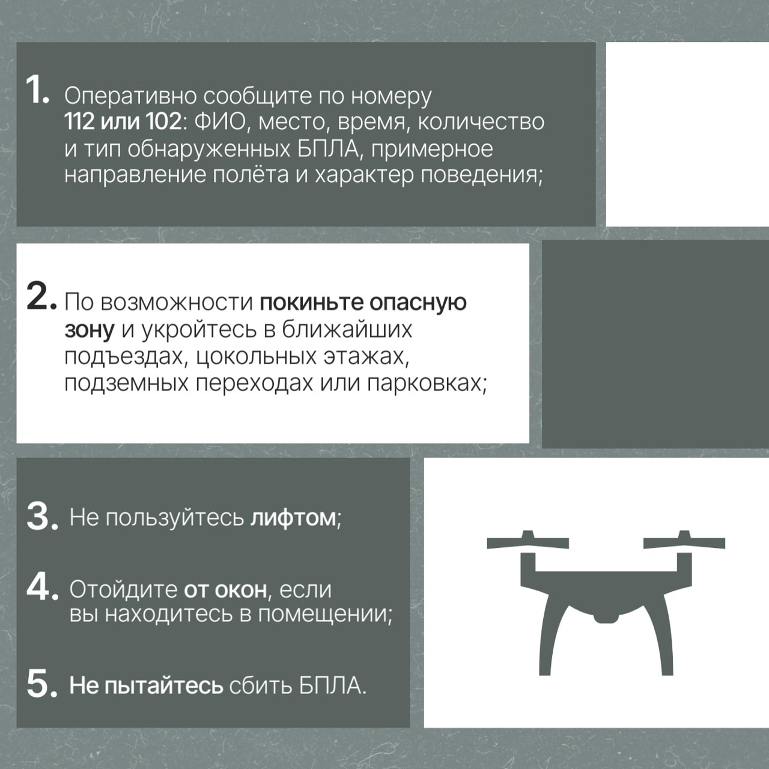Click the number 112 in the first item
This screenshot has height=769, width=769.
[x=79, y=122]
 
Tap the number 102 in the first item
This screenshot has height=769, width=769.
[x=163, y=122]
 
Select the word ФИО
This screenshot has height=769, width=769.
[x=220, y=122]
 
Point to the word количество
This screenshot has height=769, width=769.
[x=481, y=122]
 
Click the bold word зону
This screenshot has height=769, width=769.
[x=90, y=331]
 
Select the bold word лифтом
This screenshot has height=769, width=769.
[x=293, y=518]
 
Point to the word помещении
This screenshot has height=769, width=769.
[x=323, y=614]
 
